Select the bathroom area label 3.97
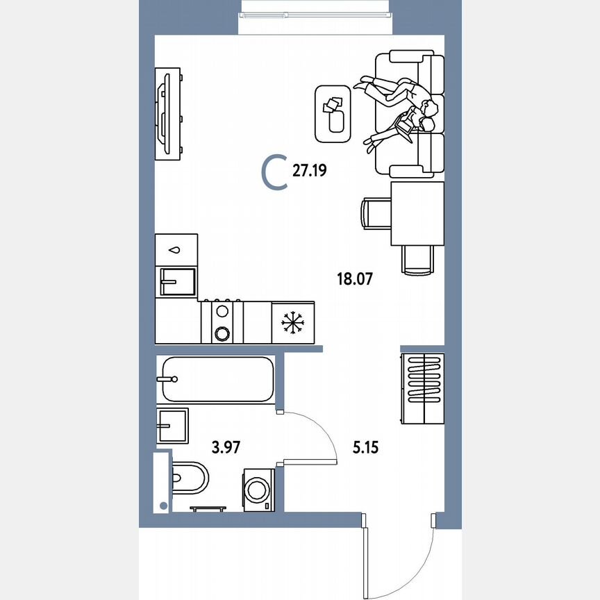pos(226,447)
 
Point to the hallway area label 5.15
pos(365,447)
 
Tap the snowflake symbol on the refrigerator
pos(292,322)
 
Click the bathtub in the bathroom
pos(216,379)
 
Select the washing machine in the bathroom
pos(259,490)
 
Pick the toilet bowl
pos(188,477)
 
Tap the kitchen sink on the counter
pos(177,281)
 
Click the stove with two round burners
pos(222,322)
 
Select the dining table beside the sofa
pos(417,213)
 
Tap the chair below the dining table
pos(417,260)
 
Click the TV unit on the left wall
pos(168,112)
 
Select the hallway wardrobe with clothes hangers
pos(423,387)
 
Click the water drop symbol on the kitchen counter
pos(176,249)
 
